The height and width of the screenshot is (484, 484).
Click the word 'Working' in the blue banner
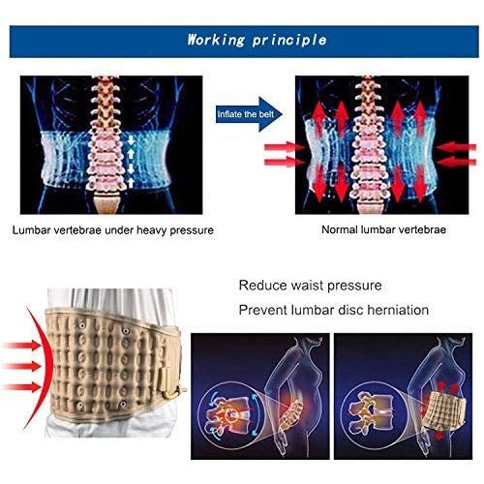(x=216, y=40)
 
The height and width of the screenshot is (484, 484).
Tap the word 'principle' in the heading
(x=289, y=41)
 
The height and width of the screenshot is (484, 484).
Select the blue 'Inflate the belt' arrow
(x=249, y=114)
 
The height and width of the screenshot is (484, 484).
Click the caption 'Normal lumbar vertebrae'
(x=384, y=229)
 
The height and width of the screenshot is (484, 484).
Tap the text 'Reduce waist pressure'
(x=310, y=286)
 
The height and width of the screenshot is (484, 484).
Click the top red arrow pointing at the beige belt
(x=22, y=346)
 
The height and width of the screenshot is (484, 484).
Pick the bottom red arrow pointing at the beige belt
(x=22, y=387)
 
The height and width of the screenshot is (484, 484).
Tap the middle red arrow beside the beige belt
(x=22, y=366)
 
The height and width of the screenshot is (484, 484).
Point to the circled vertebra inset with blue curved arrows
(x=230, y=415)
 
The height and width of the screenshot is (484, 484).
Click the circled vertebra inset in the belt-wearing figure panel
(x=374, y=412)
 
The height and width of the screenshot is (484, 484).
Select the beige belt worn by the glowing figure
(x=442, y=408)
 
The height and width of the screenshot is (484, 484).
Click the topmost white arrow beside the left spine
(x=131, y=139)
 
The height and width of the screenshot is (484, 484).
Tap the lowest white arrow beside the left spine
(x=131, y=183)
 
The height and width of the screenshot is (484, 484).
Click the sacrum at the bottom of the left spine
(x=106, y=203)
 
